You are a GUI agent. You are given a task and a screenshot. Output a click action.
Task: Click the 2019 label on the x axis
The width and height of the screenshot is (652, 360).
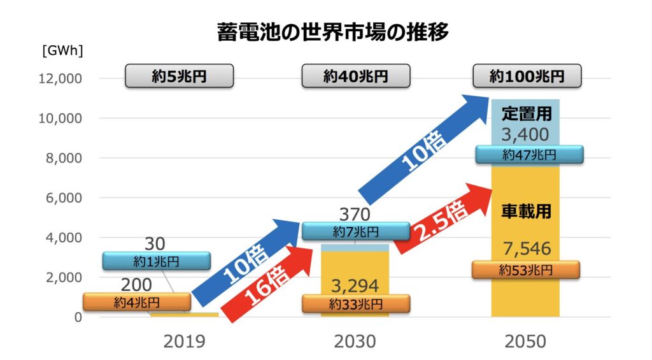[184, 342]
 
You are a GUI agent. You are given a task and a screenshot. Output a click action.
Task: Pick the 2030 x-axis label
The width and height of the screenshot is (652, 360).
[355, 342]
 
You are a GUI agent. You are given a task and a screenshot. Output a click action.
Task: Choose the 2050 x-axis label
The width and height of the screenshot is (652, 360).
[525, 342]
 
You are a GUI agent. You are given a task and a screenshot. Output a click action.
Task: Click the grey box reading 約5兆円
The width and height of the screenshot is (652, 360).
[180, 76]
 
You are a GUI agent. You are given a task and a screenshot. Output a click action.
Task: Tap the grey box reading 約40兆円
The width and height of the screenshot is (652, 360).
[355, 76]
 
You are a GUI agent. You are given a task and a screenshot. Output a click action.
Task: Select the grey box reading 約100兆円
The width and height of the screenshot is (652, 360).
[527, 76]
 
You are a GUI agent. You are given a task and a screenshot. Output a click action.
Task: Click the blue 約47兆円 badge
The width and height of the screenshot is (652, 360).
[528, 154]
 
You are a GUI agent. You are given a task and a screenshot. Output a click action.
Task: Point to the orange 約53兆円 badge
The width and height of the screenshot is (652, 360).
[525, 270]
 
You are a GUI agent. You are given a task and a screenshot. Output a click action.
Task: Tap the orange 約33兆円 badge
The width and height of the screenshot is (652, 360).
[355, 304]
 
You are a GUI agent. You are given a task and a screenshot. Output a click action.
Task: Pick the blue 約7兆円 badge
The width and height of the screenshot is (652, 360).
[355, 231]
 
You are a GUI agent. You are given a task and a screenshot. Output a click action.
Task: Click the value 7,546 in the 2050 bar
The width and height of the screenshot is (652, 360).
[525, 248]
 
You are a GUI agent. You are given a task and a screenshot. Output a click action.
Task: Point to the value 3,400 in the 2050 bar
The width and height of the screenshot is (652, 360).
[525, 135]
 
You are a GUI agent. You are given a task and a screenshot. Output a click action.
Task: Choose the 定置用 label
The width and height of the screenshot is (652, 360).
[526, 115]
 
